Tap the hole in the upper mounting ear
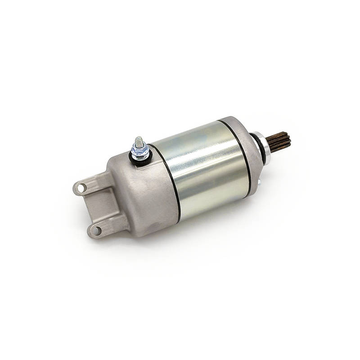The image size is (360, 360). click(x=81, y=187)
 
